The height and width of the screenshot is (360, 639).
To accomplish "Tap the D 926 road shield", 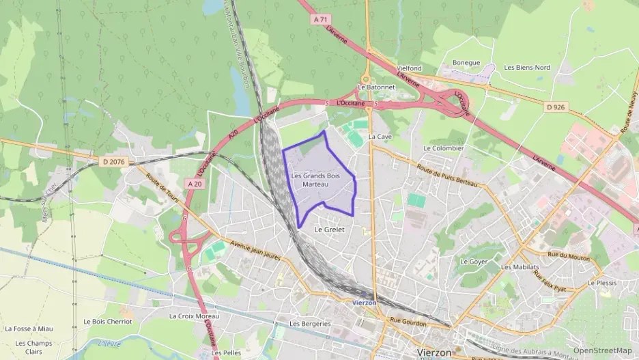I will (x=556, y=107).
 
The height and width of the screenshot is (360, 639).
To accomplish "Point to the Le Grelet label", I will (x=329, y=230).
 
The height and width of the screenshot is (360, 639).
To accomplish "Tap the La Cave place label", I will (x=380, y=137).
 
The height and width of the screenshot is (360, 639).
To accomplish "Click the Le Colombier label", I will (x=444, y=148).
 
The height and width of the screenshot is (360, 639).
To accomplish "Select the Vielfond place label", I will (x=409, y=68).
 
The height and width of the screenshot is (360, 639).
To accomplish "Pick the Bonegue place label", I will (x=466, y=62).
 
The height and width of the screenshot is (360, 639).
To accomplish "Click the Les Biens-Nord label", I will (x=527, y=68).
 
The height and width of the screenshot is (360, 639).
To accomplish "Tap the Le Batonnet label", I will (x=376, y=87).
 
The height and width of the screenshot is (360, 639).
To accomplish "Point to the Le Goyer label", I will (x=473, y=262).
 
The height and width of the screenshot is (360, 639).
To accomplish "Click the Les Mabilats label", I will (x=520, y=267).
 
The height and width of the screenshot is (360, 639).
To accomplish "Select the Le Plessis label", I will (x=602, y=282).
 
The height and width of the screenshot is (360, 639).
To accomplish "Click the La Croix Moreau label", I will (x=195, y=316).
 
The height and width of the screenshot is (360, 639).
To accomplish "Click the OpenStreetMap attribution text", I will (x=602, y=350).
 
